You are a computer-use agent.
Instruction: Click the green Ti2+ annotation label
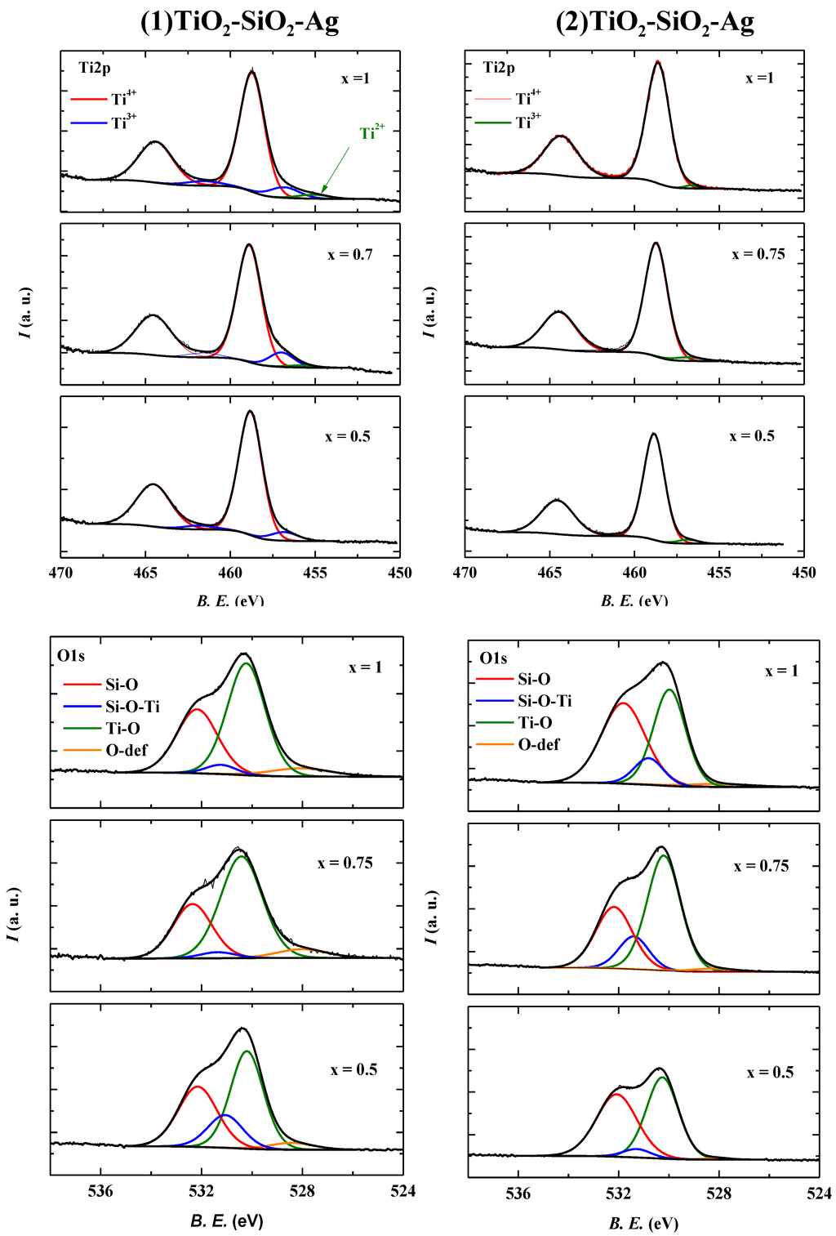click(x=372, y=132)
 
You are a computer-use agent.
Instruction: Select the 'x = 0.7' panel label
click(x=349, y=255)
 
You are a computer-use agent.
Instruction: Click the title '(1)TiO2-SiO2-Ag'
click(x=239, y=23)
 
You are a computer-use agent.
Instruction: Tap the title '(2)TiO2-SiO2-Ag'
click(x=655, y=23)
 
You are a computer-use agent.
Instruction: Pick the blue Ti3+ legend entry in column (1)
click(x=104, y=123)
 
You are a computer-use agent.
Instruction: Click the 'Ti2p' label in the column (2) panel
click(x=499, y=68)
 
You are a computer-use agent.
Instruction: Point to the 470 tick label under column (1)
click(x=61, y=573)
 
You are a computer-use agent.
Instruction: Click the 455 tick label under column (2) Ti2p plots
click(x=719, y=573)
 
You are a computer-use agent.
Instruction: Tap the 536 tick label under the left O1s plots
click(x=100, y=1191)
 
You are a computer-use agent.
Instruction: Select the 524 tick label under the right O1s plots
click(x=819, y=1194)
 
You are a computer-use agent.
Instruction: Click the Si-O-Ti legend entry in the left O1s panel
click(x=112, y=707)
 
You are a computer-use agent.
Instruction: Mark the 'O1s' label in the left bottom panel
click(x=71, y=656)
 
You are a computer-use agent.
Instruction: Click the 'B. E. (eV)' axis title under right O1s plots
click(x=643, y=1223)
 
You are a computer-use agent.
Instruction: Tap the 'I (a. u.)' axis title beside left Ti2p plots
click(x=27, y=313)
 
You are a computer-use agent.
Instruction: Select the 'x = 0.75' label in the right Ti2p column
click(x=758, y=254)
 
